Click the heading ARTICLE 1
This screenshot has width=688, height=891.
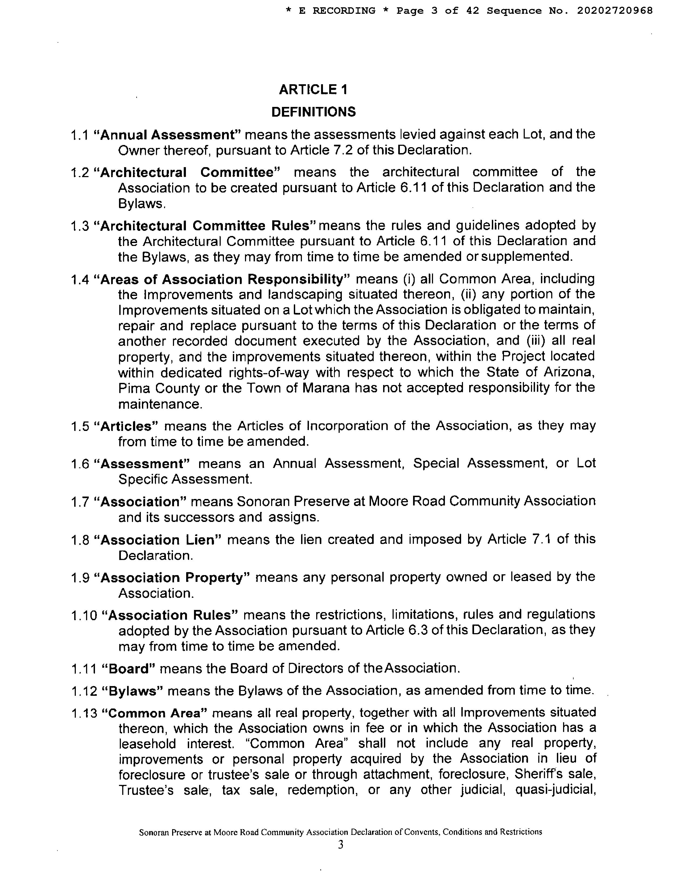tap(313, 89)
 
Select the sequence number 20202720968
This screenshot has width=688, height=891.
tap(615, 11)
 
